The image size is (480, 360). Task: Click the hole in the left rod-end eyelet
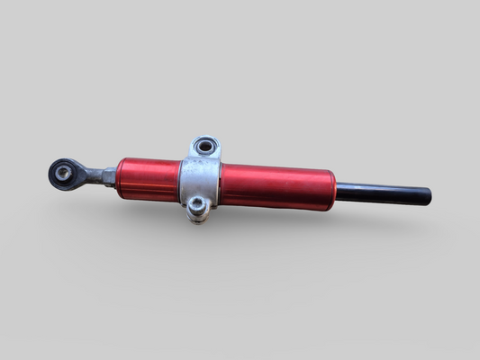[x=64, y=171]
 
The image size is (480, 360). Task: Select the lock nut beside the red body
[x=109, y=175]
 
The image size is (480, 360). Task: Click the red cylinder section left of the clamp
[x=147, y=179]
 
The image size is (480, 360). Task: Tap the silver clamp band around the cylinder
[x=199, y=180]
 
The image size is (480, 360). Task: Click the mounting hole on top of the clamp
[x=205, y=145]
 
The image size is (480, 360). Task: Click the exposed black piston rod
[x=383, y=193]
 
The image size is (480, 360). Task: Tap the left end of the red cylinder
[x=118, y=177]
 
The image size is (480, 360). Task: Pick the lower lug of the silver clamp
[x=198, y=209]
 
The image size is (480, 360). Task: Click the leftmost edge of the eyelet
[x=49, y=173]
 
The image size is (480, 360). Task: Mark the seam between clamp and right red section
[x=221, y=184]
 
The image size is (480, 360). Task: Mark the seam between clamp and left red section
[x=180, y=180]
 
